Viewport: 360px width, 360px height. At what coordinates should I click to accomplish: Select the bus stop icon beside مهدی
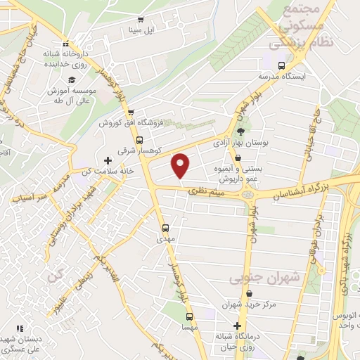166,228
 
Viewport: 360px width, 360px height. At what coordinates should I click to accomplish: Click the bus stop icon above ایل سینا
141,20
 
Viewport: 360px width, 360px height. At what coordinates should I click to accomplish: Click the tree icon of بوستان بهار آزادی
241,130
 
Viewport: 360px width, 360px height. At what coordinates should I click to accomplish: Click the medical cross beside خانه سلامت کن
107,160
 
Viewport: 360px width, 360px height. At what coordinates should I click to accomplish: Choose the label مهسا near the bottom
188,327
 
